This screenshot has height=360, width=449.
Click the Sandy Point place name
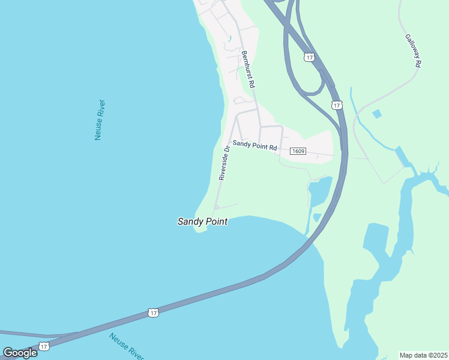point(202,221)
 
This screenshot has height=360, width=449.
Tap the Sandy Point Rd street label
point(255,145)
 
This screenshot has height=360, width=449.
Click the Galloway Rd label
point(413,50)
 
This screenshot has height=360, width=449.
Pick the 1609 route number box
point(298,151)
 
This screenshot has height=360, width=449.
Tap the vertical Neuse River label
point(100,120)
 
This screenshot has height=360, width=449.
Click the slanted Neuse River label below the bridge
point(127,346)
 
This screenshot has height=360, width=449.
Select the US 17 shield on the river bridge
point(154,313)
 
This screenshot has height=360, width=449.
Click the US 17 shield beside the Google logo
point(44,347)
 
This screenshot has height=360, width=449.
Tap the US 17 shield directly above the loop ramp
point(309,57)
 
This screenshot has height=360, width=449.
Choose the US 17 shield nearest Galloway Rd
point(337,105)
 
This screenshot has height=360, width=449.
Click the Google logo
point(20,352)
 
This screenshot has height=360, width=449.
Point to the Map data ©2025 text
point(423,355)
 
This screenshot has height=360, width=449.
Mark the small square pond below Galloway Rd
point(376,113)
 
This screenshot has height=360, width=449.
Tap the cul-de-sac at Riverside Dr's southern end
point(215,208)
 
